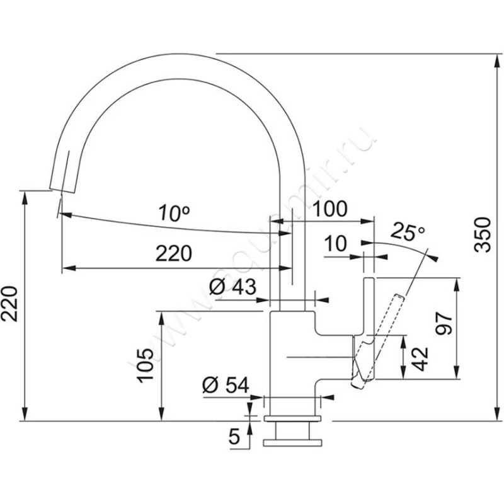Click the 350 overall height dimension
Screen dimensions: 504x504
(482, 234)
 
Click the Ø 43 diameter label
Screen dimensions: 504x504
(231, 287)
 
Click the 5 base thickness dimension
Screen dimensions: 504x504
(234, 437)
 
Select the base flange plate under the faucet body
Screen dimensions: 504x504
(292, 419)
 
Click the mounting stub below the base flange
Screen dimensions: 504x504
(292, 435)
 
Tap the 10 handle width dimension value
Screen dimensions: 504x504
(337, 243)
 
